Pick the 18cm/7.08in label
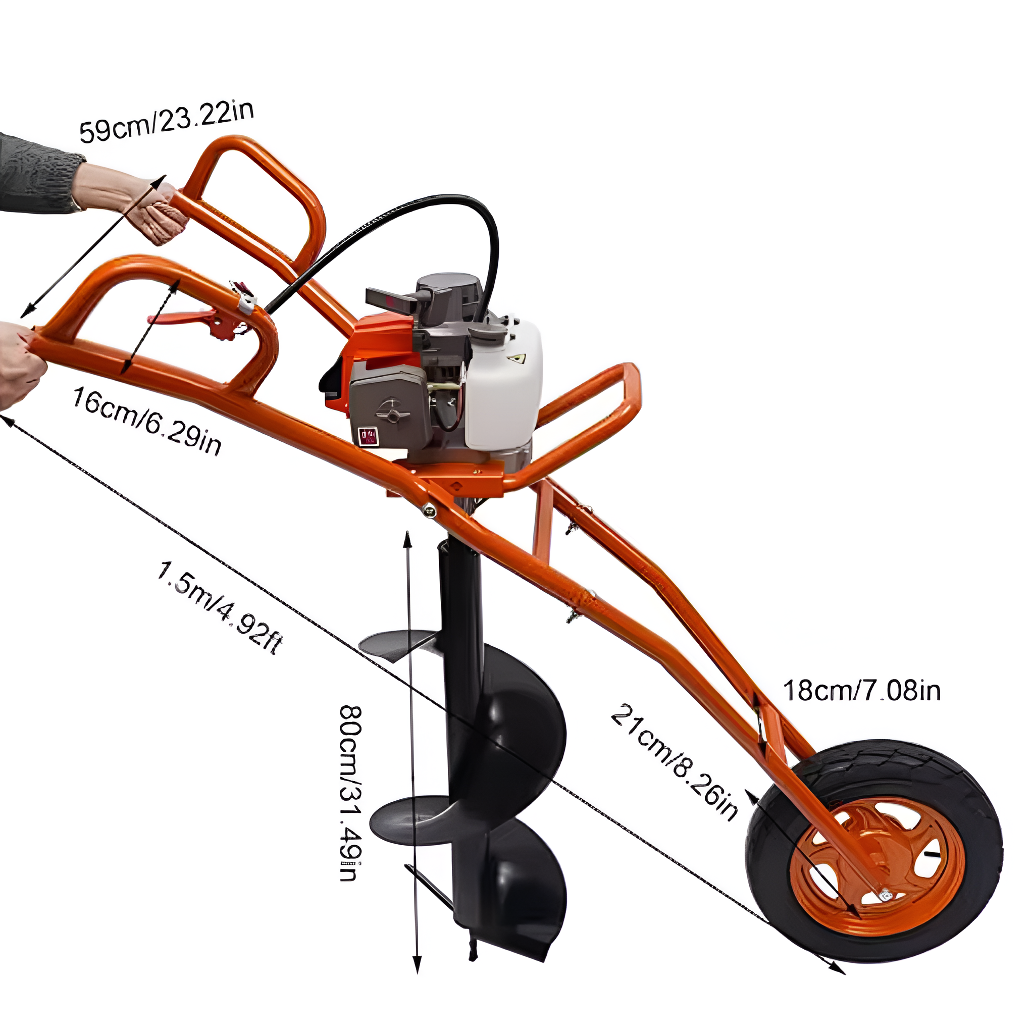[862, 691]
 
